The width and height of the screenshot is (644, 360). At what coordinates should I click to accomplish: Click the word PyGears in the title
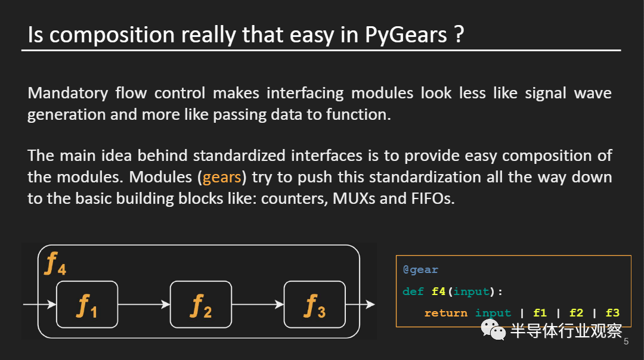pyautogui.click(x=405, y=36)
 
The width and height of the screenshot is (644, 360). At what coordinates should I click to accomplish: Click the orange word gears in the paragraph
pyautogui.click(x=222, y=178)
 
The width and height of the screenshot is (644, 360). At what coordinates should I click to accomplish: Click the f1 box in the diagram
pyautogui.click(x=87, y=304)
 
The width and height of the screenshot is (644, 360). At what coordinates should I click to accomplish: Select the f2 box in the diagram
pyautogui.click(x=200, y=304)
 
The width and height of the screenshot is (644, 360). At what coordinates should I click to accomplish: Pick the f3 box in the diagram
pyautogui.click(x=314, y=304)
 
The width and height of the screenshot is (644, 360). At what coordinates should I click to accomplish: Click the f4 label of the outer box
pyautogui.click(x=55, y=263)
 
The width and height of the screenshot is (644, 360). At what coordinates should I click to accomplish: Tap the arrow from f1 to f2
pyautogui.click(x=144, y=305)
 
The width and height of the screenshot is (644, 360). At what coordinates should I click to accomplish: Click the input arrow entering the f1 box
pyautogui.click(x=39, y=305)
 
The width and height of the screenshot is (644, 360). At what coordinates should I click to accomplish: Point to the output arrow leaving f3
pyautogui.click(x=360, y=305)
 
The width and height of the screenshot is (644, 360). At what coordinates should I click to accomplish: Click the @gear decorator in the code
pyautogui.click(x=420, y=270)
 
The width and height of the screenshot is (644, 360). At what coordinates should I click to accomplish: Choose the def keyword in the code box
pyautogui.click(x=413, y=291)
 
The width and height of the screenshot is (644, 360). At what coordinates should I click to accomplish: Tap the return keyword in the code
pyautogui.click(x=445, y=313)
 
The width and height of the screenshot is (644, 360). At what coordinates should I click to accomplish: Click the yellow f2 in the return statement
pyautogui.click(x=576, y=313)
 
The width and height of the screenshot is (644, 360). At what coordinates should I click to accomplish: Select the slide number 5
pyautogui.click(x=626, y=342)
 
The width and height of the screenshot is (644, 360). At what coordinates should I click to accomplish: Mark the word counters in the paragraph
pyautogui.click(x=290, y=199)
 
